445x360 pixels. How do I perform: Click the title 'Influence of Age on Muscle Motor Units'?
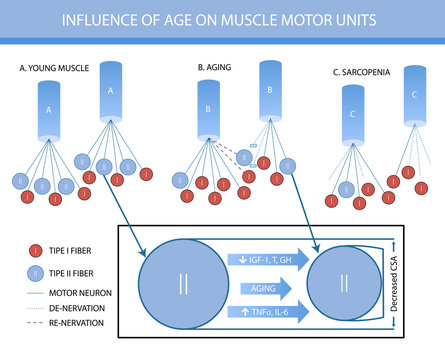tap(222, 20)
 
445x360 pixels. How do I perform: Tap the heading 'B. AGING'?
tap(220, 68)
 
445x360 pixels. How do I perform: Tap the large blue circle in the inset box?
tap(182, 284)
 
